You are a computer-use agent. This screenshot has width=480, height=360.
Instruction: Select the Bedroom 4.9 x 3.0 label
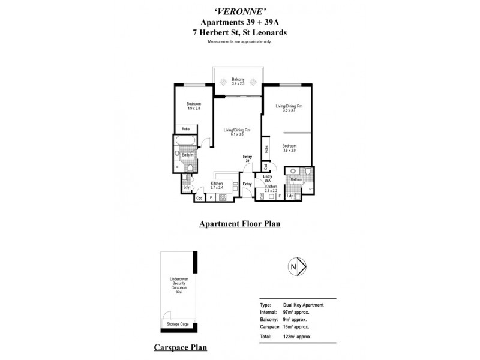tap(193, 106)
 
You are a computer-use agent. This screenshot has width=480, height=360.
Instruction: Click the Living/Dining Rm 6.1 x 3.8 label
tap(237, 132)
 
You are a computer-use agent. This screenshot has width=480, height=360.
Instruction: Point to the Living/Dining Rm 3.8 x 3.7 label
tap(289, 108)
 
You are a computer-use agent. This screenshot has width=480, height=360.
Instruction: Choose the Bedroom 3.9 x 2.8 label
tap(289, 148)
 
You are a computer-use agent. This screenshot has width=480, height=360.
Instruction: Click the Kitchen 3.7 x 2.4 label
tap(217, 185)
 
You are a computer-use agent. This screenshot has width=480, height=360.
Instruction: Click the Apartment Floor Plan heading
tap(240, 224)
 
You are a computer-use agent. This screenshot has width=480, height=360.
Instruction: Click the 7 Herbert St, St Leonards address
tap(240, 32)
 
